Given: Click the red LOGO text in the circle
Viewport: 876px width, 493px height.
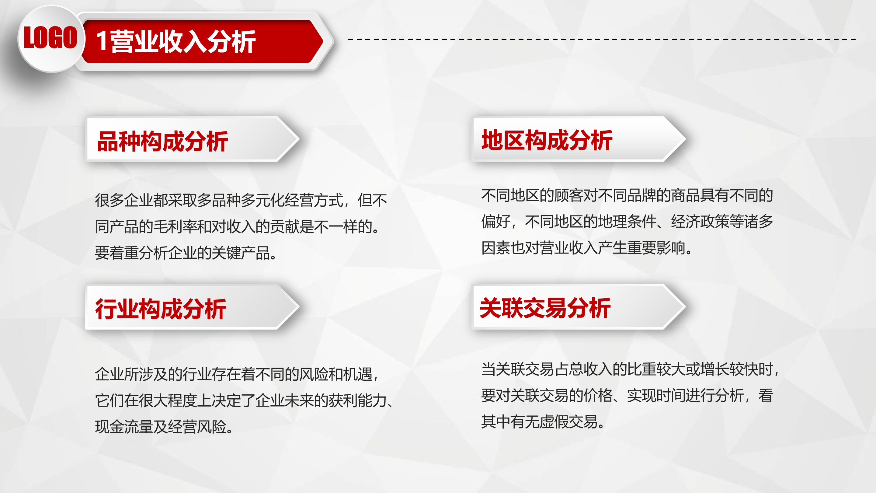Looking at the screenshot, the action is (50, 37).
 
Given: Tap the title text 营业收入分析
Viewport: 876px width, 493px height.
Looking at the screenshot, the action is (183, 41).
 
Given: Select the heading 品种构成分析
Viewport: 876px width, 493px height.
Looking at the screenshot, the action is (162, 141).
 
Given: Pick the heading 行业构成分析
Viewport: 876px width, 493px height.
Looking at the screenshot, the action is (161, 309).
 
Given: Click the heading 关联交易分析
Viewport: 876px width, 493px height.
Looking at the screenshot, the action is (545, 308).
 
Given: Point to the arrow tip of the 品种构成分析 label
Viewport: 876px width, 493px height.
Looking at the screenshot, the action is (299, 139).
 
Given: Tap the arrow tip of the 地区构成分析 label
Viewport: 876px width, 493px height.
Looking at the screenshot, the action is (685, 139).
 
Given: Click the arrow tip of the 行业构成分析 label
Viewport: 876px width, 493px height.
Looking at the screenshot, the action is (299, 307).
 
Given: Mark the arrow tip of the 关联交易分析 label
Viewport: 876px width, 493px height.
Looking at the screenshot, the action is (685, 307).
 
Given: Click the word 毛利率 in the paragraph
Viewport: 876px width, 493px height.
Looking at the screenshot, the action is (176, 226).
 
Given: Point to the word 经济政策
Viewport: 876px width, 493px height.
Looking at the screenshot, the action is (700, 222).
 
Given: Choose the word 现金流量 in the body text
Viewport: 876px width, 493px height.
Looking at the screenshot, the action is (124, 427).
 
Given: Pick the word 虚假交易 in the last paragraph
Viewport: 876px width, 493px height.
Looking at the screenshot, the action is (568, 421).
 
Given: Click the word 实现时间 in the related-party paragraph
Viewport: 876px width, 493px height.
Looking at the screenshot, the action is (656, 395).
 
